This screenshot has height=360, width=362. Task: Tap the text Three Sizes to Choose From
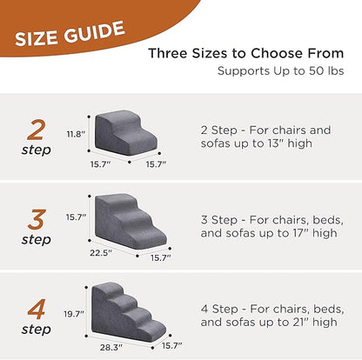click(x=246, y=53)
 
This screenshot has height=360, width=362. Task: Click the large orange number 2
click(x=36, y=130)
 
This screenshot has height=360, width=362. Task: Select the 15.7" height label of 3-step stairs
click(x=77, y=217)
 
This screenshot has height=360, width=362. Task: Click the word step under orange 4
click(x=36, y=330)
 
